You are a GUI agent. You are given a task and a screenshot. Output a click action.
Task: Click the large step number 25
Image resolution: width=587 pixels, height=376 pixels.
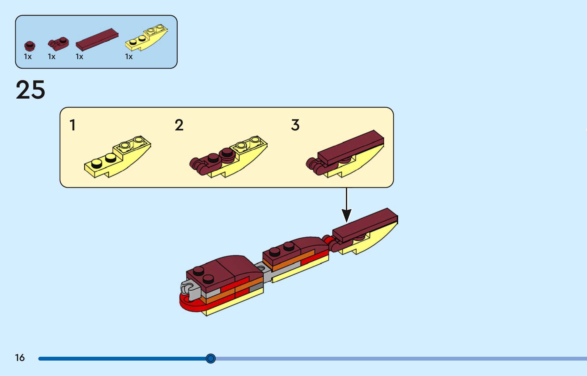(x=30, y=90)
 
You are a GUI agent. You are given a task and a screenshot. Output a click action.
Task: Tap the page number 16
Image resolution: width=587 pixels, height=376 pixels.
(x=20, y=358)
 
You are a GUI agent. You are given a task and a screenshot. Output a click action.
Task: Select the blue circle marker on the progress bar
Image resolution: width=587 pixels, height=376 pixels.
(x=211, y=358)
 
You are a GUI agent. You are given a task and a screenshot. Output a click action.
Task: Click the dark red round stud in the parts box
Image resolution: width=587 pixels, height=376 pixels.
(x=30, y=46)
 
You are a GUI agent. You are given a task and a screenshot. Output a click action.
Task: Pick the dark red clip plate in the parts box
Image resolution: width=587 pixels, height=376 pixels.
(x=59, y=44)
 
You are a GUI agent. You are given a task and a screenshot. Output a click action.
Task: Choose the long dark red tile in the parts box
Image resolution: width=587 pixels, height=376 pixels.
(x=97, y=39)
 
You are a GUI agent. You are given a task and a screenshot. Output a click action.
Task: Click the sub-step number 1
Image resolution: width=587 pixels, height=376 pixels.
(x=73, y=125)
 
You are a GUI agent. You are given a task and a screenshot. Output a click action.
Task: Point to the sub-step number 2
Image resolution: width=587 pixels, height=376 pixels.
(x=179, y=125)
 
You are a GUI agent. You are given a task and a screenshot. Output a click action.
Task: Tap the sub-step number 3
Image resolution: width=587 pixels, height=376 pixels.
(x=295, y=125)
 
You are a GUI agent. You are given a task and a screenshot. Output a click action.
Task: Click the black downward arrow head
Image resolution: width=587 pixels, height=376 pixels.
(x=346, y=215)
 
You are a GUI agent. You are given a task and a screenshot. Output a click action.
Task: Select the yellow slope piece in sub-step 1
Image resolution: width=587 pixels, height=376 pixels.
(x=117, y=158)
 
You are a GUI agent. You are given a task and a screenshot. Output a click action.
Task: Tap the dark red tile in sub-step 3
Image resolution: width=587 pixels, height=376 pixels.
(x=350, y=146)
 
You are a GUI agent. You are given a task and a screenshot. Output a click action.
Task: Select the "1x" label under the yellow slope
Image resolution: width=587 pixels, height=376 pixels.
(x=129, y=57)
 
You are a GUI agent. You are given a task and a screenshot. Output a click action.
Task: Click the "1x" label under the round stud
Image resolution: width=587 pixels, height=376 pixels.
(x=28, y=57)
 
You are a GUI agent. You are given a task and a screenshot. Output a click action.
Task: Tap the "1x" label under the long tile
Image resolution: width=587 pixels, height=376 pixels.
(x=80, y=57)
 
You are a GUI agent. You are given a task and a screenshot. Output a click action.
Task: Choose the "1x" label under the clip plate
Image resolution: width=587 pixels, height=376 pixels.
(x=52, y=57)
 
